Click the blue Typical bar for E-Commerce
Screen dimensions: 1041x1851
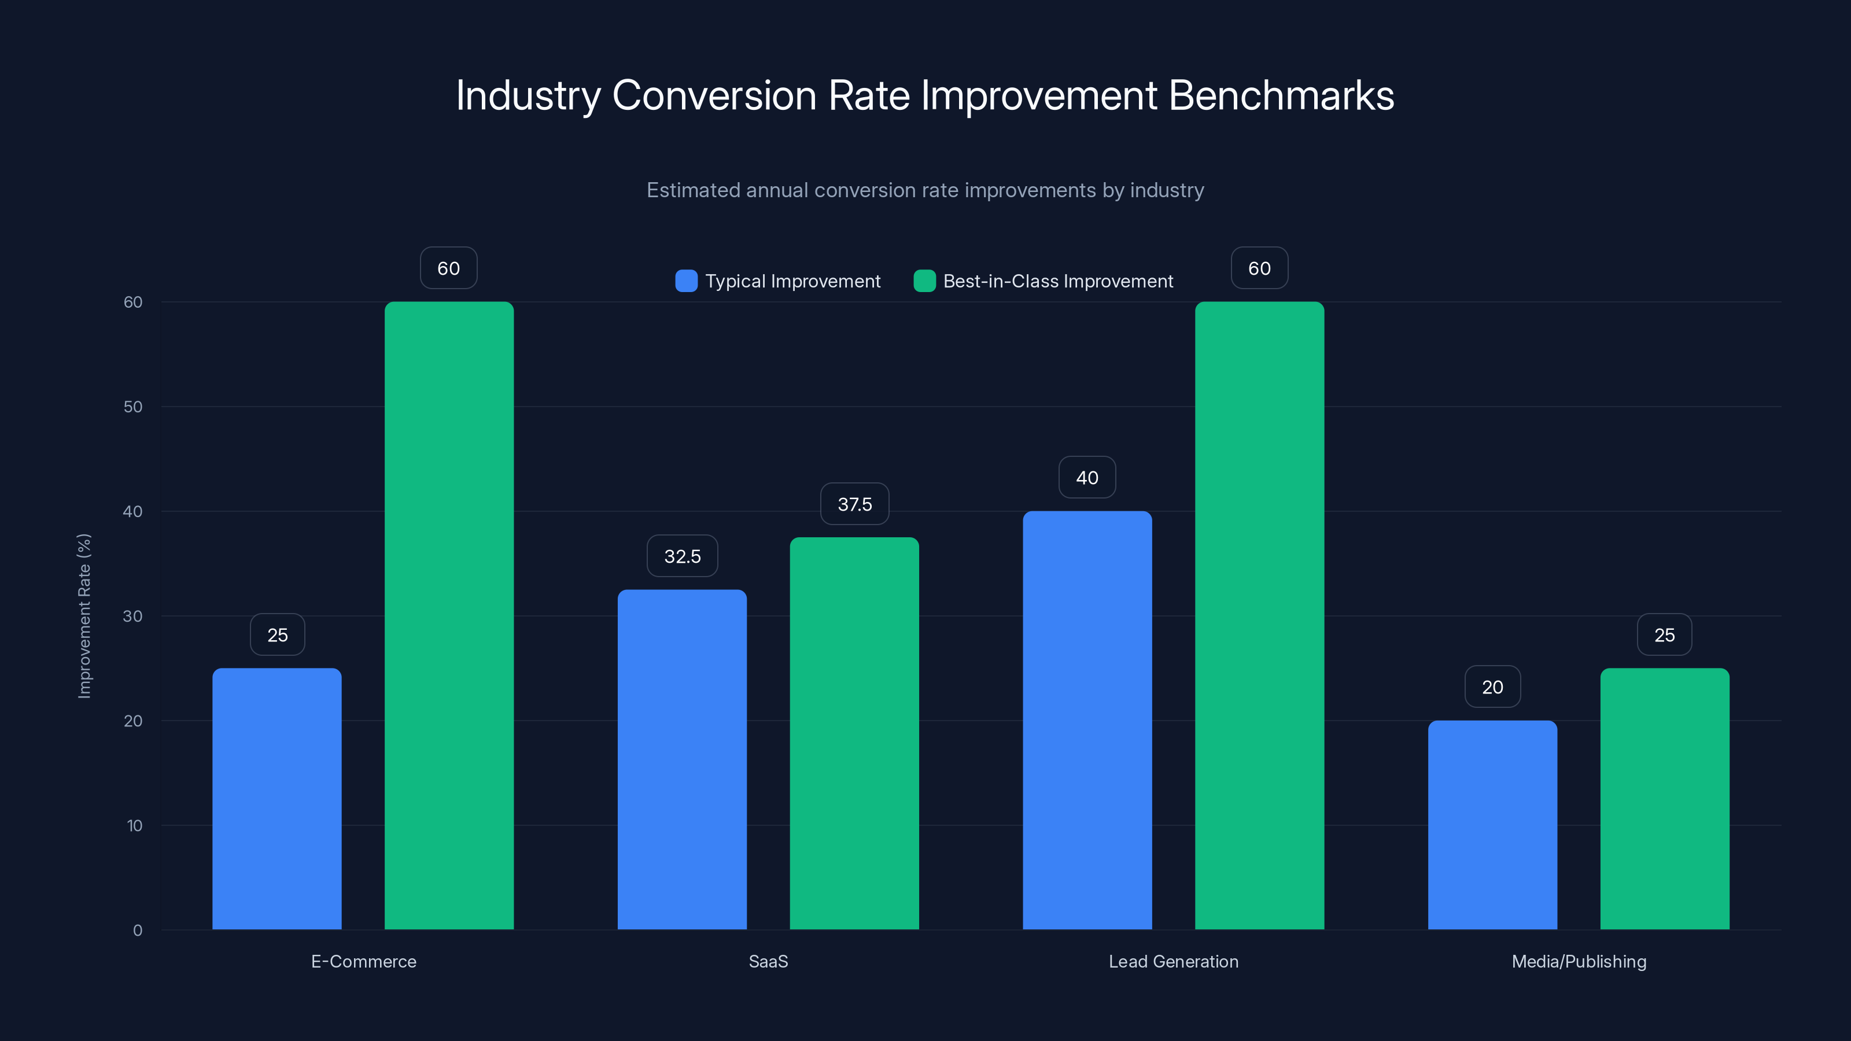276,798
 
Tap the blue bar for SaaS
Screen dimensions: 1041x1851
682,759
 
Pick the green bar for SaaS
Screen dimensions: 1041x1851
854,733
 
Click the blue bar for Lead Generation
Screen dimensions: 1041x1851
1087,720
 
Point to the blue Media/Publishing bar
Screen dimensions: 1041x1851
1492,825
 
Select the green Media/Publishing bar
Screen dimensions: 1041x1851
1665,798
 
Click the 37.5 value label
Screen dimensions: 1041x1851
854,504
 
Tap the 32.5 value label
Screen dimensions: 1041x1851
682,556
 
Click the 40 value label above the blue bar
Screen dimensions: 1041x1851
1087,478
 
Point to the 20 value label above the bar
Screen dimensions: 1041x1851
1492,688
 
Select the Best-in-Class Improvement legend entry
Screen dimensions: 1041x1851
1044,281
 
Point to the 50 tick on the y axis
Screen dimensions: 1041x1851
133,407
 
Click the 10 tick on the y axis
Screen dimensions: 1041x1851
134,825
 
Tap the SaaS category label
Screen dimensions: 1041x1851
768,961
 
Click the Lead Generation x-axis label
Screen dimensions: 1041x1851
1174,961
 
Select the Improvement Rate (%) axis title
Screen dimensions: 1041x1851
84,616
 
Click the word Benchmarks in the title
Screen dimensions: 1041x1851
1281,95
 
